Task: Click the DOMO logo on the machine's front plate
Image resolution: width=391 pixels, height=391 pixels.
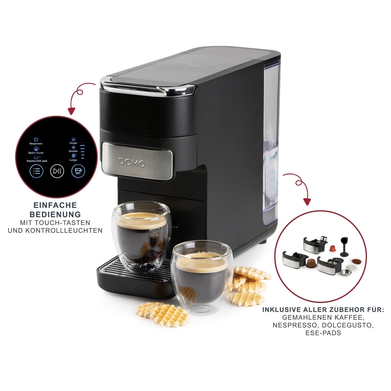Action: (x=132, y=163)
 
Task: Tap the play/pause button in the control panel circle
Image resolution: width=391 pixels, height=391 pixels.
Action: (x=57, y=171)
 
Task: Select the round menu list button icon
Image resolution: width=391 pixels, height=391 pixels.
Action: (x=37, y=171)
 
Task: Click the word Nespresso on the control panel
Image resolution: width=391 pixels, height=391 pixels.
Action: (x=36, y=144)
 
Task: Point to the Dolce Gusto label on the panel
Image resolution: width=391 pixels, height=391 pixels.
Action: (x=36, y=153)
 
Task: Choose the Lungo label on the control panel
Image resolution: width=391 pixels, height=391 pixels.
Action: (x=73, y=160)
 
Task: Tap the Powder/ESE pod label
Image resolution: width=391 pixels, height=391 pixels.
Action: (x=37, y=161)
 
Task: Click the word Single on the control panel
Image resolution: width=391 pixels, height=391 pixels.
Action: (x=73, y=143)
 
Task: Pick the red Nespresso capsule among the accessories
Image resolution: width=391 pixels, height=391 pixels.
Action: (x=332, y=248)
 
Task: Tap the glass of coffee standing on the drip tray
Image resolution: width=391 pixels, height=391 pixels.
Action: (x=141, y=236)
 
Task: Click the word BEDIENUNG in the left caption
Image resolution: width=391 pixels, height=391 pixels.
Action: (x=55, y=214)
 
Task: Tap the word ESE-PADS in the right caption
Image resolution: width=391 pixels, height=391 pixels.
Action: (x=323, y=333)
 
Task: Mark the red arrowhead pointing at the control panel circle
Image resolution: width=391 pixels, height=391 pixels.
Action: (x=71, y=111)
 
